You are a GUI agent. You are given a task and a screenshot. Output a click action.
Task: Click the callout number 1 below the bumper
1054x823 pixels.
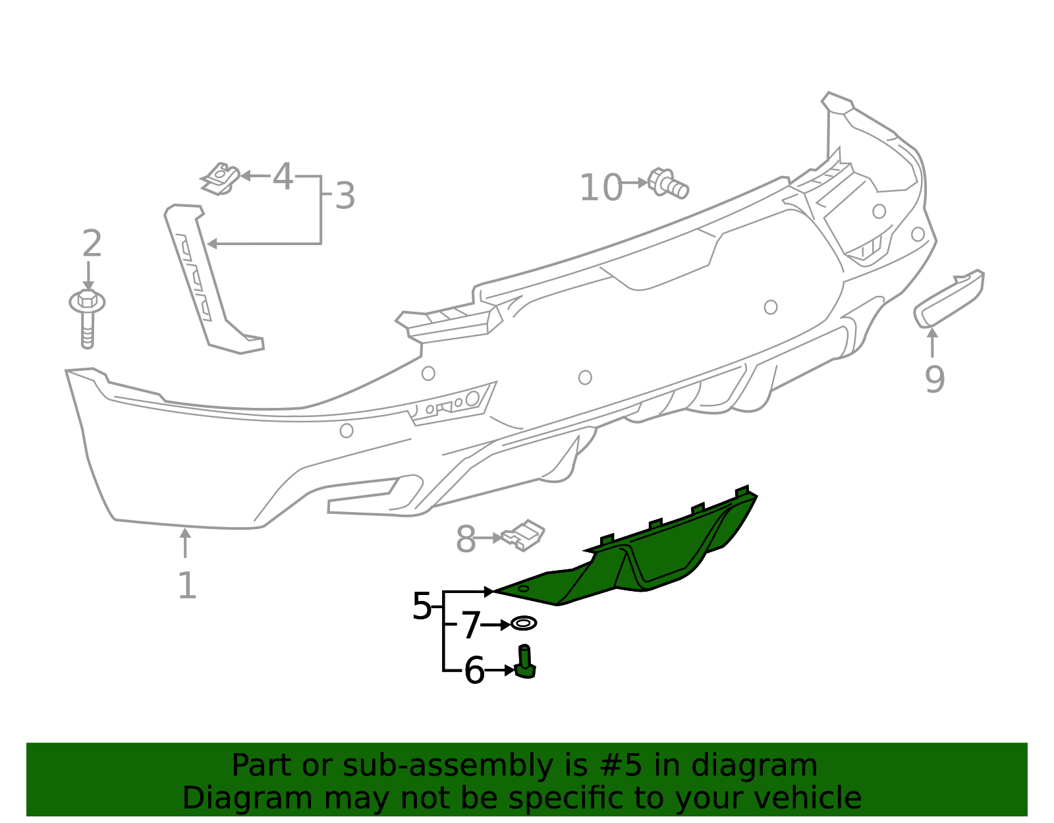tap(187, 585)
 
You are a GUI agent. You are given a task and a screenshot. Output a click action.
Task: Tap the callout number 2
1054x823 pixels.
tap(92, 244)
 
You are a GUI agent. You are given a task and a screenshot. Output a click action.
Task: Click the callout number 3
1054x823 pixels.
tap(345, 196)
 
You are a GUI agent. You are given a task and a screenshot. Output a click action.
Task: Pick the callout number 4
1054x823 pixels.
tap(283, 177)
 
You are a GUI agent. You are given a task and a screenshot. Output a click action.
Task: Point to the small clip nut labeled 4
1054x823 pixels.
tap(220, 178)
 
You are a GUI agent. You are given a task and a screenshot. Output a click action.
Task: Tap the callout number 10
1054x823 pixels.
tap(601, 188)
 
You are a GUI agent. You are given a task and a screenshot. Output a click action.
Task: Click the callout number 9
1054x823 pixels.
tap(935, 379)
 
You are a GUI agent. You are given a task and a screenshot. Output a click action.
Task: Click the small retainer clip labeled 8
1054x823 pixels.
tap(524, 534)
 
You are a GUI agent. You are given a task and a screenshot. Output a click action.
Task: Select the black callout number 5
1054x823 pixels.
tap(422, 606)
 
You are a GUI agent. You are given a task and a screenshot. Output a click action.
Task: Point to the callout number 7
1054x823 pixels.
tap(470, 625)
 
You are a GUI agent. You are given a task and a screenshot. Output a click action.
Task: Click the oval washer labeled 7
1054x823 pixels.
tap(524, 623)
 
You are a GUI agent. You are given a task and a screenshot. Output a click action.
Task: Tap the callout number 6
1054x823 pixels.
tap(474, 671)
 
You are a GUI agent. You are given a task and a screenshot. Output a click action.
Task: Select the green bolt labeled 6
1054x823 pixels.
tap(525, 663)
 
